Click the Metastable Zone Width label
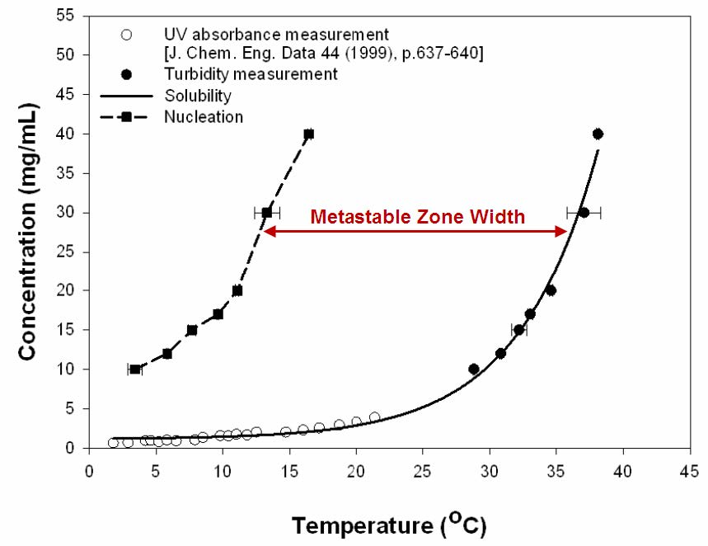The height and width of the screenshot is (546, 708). coord(416,218)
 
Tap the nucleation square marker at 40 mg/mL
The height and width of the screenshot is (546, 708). coord(309,134)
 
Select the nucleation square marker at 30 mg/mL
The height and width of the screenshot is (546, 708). coord(267,212)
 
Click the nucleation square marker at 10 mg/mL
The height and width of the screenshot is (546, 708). coord(135,369)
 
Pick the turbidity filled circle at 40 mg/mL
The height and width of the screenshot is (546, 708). coord(598,134)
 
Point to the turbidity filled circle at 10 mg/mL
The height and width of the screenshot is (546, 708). coord(474,369)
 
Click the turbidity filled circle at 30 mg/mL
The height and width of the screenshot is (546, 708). coord(584,212)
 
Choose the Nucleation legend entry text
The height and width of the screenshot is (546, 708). coord(203,117)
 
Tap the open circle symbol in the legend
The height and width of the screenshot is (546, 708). coord(127,35)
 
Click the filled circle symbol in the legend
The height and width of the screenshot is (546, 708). coord(127,75)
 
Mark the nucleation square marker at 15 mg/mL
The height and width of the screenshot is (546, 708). coord(192,330)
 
